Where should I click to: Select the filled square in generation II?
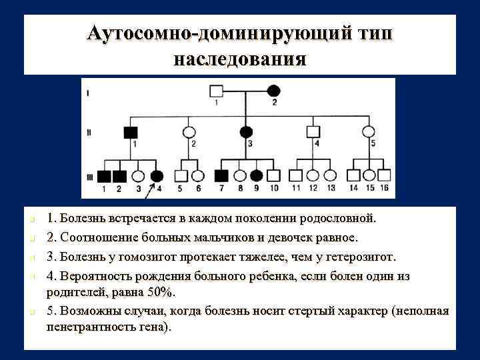pos(131,131)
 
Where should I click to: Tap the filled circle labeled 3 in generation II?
pos(247,131)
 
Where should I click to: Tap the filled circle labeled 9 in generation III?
pos(257,176)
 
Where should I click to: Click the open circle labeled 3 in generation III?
pos(139,176)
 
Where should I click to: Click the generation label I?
pos(88,93)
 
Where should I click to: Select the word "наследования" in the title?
pos(240,59)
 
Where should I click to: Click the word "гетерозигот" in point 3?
pos(359,257)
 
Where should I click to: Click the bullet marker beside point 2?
pos(32,239)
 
